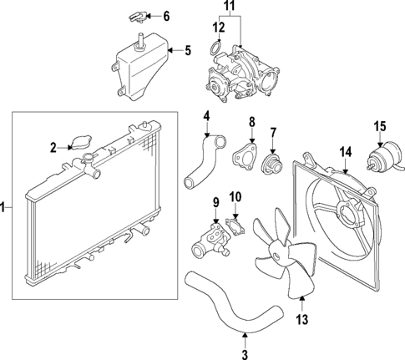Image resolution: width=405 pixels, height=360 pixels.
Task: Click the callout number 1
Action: click(x=5, y=206)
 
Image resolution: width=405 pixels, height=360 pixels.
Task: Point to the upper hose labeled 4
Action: click(x=202, y=164)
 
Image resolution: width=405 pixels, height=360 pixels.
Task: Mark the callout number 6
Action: click(x=166, y=16)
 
